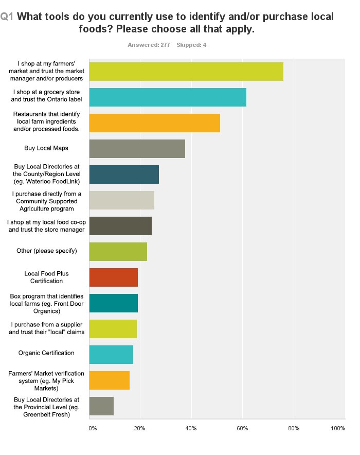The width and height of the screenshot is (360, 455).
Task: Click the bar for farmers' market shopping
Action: pos(186,71)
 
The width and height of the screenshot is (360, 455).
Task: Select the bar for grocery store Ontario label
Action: pos(168,97)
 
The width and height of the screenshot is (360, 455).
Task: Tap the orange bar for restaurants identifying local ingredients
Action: pos(154,122)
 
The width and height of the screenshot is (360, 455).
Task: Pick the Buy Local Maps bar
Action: pos(137,148)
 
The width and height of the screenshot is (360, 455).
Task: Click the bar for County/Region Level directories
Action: pos(124,174)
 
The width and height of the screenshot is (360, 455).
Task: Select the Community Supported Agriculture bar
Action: pos(121,200)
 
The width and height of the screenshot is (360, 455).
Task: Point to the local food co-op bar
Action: pos(120,225)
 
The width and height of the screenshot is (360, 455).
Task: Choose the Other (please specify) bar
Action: pos(118,251)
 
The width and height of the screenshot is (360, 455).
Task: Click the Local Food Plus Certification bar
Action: pos(113,277)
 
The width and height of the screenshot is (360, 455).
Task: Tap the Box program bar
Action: pos(113,303)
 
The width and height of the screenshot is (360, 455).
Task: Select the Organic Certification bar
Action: pos(111,355)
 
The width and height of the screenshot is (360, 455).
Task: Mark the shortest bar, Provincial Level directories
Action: pos(101,406)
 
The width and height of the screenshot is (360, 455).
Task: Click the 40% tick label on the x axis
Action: pos(191,428)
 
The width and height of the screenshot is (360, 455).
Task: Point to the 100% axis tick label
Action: pos(338,428)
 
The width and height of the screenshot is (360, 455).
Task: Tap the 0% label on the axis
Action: pos(93,428)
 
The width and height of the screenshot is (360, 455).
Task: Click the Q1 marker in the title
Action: pos(7,17)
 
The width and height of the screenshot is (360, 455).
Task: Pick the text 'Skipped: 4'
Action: pos(191,45)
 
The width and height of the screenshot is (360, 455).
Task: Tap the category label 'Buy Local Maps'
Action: pos(46,148)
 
